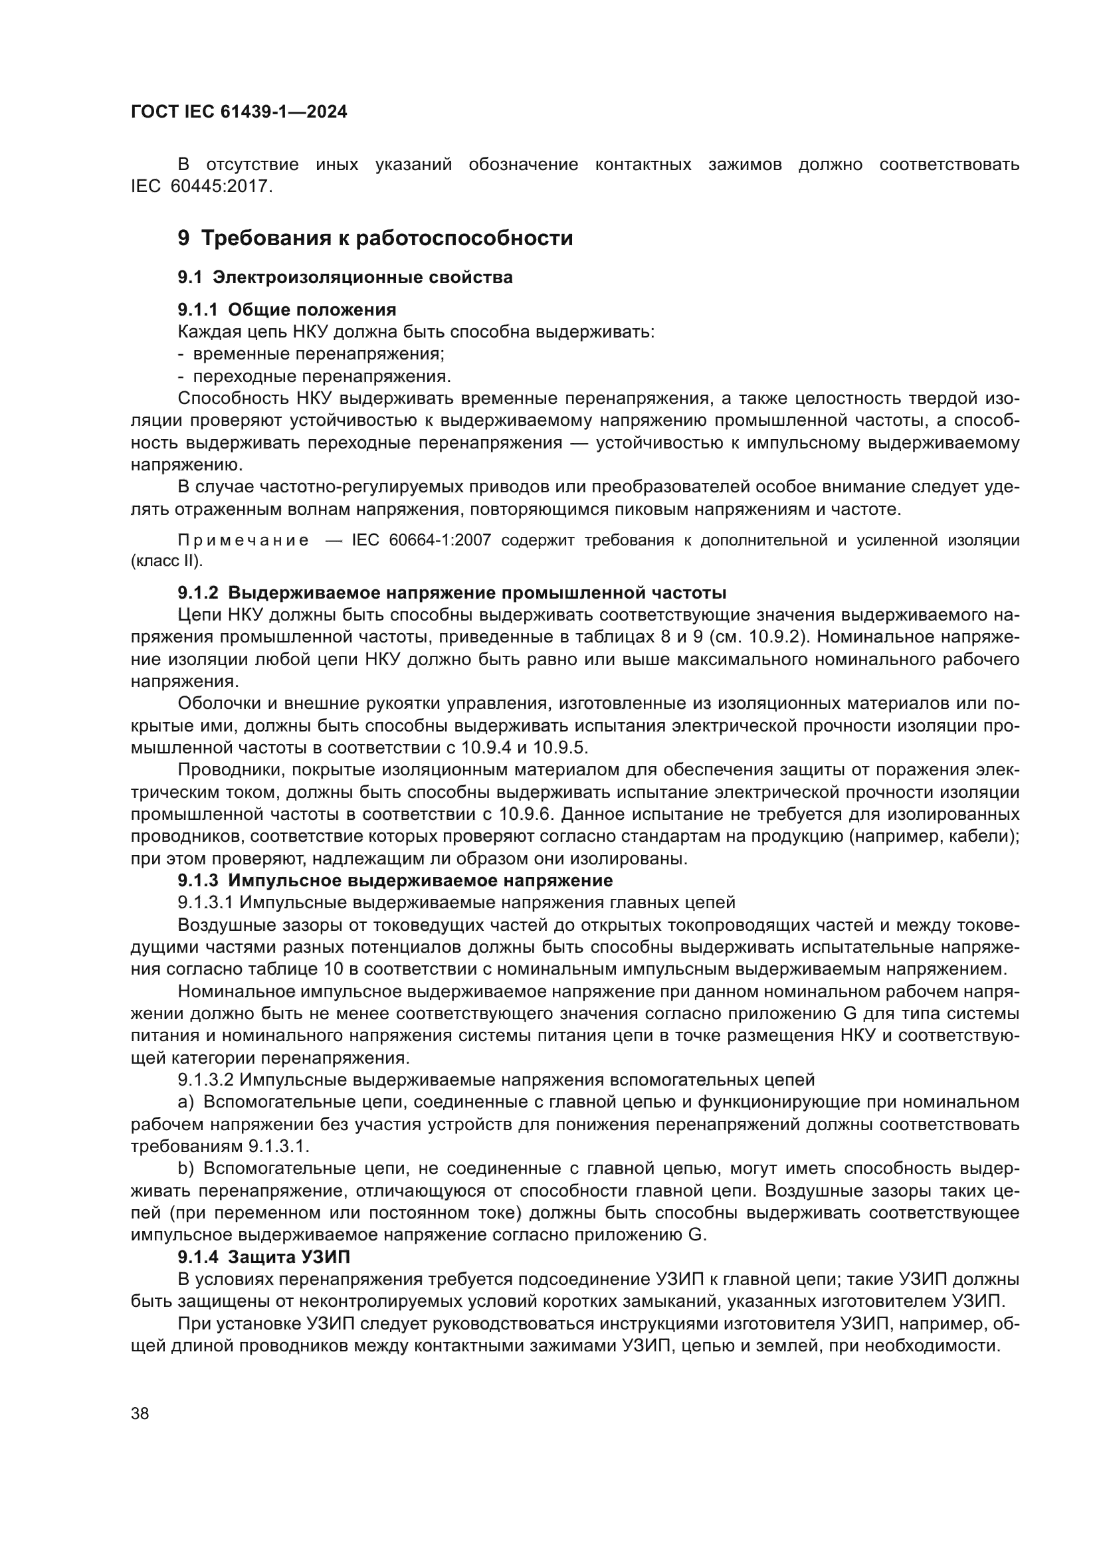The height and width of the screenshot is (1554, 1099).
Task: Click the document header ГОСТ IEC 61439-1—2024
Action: [x=239, y=112]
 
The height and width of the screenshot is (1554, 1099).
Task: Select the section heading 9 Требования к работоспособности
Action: [x=375, y=239]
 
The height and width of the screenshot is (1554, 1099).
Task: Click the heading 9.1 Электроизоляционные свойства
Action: [x=345, y=277]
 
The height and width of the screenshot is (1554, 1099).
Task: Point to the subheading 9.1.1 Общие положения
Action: [x=287, y=310]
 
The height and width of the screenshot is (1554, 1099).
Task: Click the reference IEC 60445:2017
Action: [x=202, y=187]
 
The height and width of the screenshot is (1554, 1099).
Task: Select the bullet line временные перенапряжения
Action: [x=318, y=354]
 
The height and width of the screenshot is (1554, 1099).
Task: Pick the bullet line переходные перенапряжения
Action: [x=322, y=376]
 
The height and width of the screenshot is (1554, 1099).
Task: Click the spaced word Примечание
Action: [x=244, y=540]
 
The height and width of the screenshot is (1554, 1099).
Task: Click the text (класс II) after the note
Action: [x=167, y=561]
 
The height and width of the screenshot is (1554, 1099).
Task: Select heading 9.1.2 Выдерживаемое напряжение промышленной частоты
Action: [x=452, y=593]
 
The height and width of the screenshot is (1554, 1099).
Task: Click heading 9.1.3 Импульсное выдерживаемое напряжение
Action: [x=395, y=880]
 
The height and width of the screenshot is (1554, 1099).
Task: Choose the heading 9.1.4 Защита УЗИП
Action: [x=264, y=1257]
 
